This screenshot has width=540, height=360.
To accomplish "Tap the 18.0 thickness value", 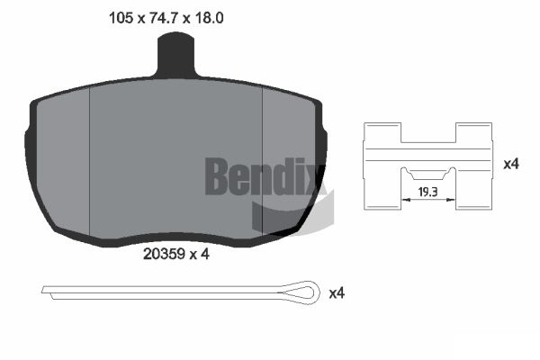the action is point(209,18).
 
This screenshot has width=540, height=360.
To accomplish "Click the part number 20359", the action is point(165,254).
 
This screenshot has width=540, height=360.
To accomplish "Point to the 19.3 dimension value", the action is point(427,192).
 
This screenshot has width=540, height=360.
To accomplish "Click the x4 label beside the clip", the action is point(511,164).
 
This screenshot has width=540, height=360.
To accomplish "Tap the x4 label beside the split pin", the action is point(337,293).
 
